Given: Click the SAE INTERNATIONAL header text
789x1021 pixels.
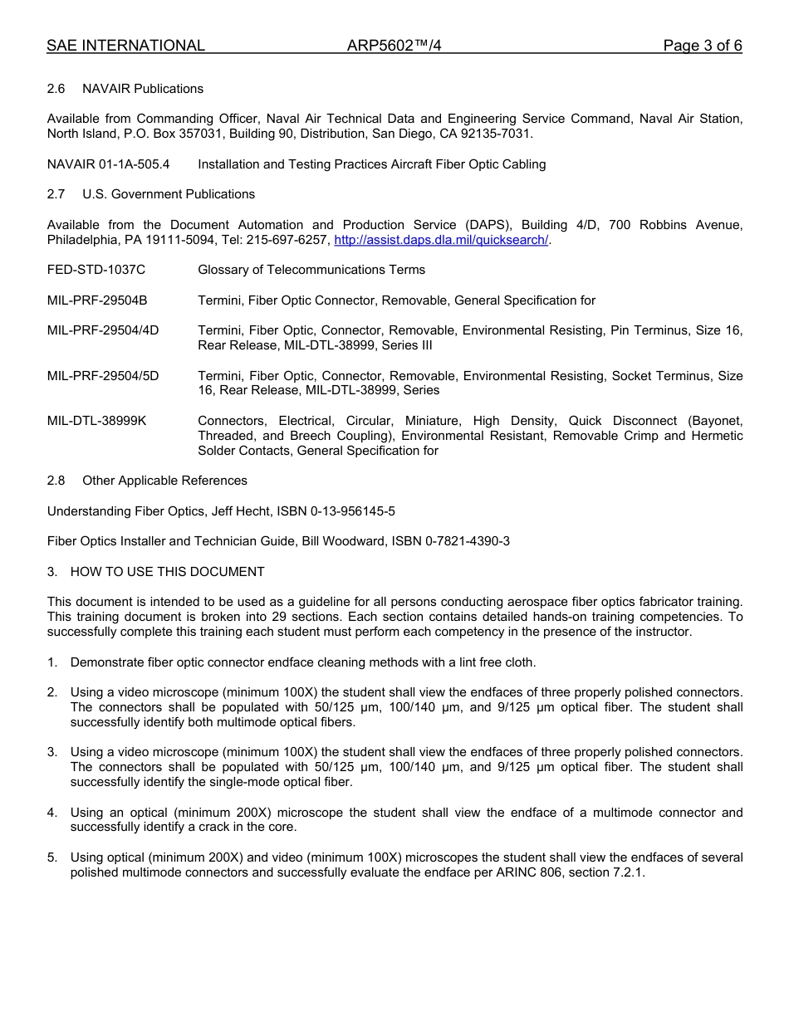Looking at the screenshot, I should tap(125, 46).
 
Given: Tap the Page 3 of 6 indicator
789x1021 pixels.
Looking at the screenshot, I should tap(702, 46).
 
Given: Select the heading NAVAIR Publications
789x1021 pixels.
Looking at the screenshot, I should tap(142, 89).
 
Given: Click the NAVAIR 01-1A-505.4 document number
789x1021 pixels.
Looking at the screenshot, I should tap(108, 164).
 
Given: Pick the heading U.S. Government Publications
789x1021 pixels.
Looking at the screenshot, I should tap(168, 194).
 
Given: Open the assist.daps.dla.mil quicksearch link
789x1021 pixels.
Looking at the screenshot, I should tap(441, 240).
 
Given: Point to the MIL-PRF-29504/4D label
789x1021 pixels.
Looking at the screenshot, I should tap(103, 330).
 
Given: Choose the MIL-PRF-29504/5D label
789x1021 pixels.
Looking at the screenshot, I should tap(103, 376).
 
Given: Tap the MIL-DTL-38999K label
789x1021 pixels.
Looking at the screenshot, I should tap(96, 421).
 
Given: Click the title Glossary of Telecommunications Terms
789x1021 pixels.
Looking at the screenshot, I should tap(311, 270).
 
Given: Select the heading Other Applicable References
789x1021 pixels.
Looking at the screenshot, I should tap(164, 481).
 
